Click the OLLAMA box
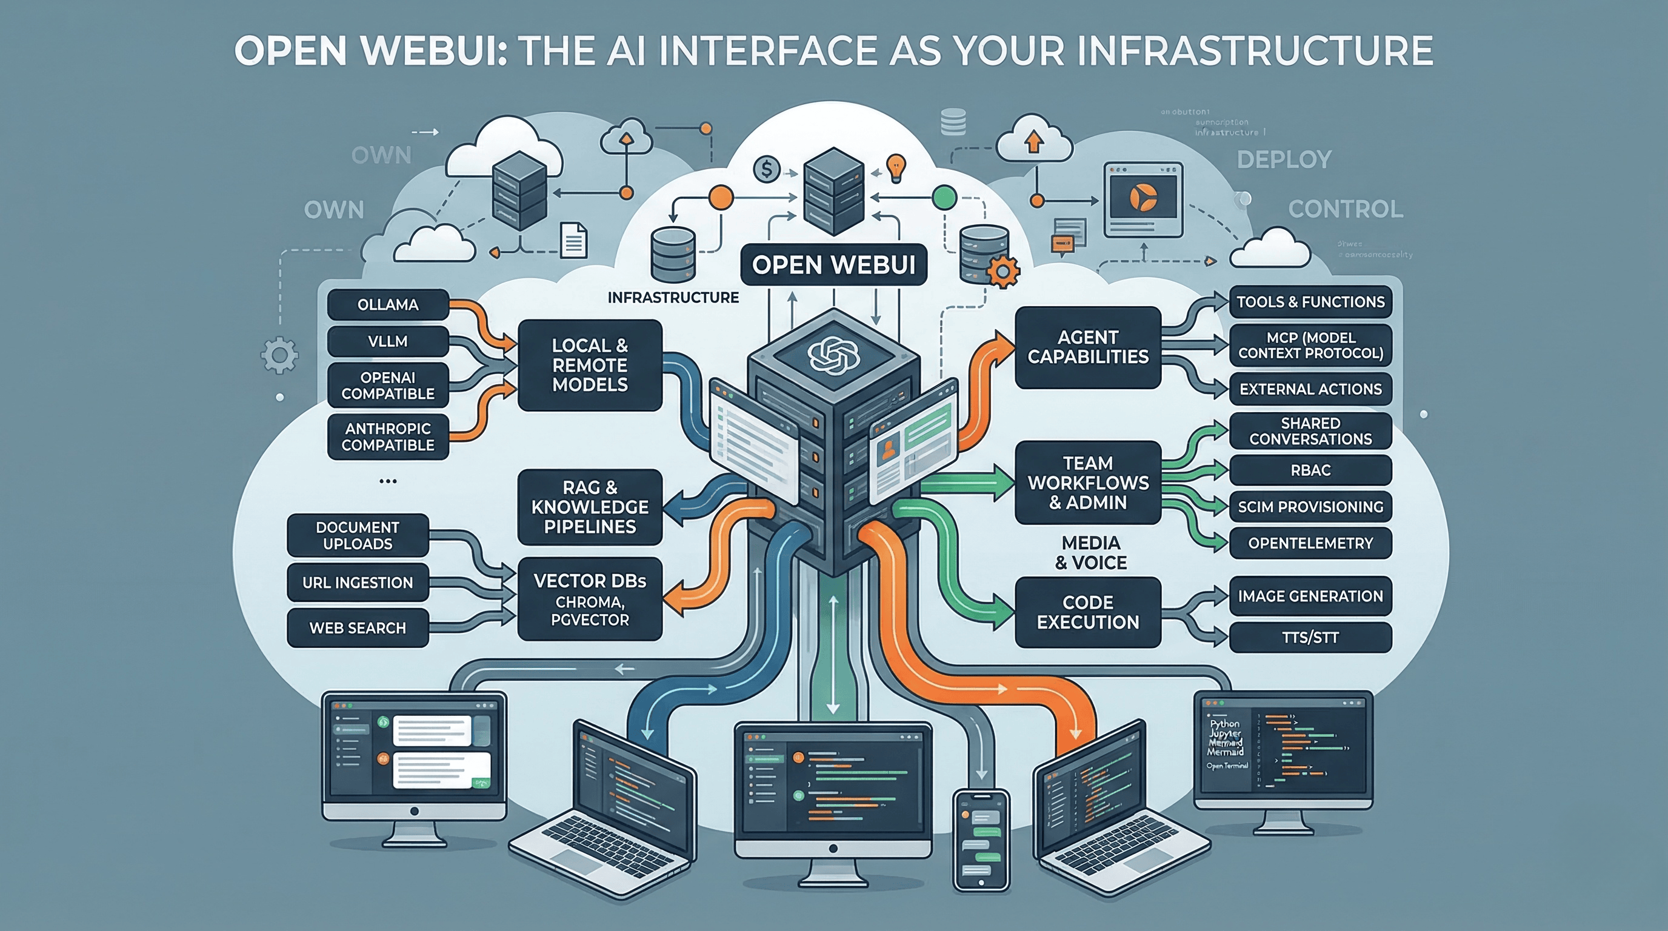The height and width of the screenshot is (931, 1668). (388, 304)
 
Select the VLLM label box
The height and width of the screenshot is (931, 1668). (388, 341)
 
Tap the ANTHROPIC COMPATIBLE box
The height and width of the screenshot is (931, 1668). (388, 437)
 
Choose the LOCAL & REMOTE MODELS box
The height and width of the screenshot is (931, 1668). (590, 365)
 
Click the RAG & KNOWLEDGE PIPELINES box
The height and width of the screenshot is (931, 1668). (590, 507)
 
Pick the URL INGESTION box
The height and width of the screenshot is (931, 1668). (358, 582)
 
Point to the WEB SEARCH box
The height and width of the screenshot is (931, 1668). (358, 628)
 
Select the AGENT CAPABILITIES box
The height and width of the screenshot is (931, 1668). (1088, 348)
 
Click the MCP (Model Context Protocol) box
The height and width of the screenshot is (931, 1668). (1310, 345)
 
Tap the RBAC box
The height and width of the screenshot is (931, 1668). (1310, 470)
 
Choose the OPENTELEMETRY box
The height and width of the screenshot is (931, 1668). (1310, 543)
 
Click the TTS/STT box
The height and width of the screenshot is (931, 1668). (1310, 638)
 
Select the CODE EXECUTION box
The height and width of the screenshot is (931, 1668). (1088, 612)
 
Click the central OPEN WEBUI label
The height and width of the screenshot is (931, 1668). (833, 265)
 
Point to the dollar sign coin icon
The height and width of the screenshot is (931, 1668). (767, 170)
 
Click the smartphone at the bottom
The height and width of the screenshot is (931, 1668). (981, 839)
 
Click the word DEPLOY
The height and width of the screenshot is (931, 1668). (1284, 160)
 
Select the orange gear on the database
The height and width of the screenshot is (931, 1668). (1003, 272)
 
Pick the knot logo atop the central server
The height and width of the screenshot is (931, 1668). (833, 355)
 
